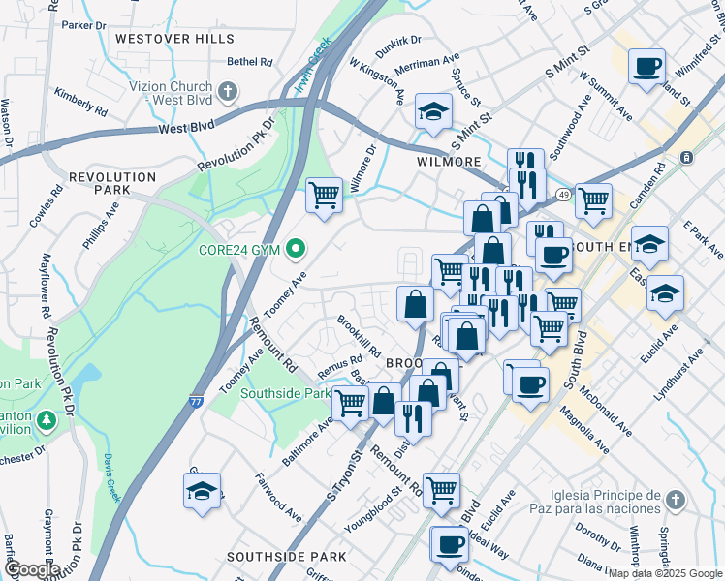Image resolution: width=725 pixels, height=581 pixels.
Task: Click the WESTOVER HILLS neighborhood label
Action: [174, 39]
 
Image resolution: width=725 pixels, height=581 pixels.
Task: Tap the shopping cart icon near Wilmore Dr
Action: [324, 195]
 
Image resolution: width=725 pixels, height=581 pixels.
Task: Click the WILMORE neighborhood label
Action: [449, 162]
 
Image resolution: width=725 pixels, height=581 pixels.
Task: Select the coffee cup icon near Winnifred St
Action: [646, 67]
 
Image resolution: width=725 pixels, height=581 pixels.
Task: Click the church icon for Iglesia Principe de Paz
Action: [676, 501]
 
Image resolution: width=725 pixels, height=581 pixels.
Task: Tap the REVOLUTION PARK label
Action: [112, 184]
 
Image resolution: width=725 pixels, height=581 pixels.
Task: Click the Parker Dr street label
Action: [84, 24]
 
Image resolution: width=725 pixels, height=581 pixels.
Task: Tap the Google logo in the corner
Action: [31, 569]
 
